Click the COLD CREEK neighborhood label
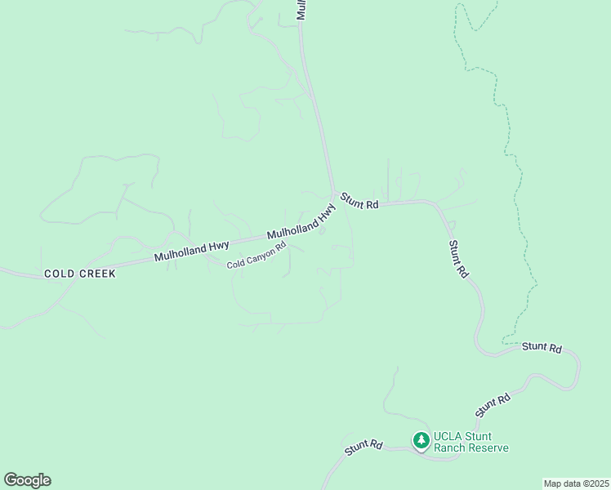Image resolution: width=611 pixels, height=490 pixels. click(79, 274)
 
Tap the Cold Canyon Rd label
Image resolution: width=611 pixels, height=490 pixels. click(256, 255)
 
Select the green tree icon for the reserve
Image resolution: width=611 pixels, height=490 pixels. click(421, 442)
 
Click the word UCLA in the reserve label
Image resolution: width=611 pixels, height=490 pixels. click(448, 436)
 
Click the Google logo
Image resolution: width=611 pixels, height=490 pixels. click(27, 480)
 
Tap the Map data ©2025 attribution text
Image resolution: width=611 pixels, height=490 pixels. click(576, 483)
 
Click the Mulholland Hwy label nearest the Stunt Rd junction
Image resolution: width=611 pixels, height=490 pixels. click(302, 222)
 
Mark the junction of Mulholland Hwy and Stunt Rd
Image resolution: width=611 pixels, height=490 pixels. click(334, 194)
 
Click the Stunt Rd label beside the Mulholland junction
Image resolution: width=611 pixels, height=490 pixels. click(359, 201)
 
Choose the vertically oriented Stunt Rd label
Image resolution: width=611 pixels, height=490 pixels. click(458, 258)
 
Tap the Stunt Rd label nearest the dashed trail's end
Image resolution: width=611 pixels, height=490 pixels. click(542, 347)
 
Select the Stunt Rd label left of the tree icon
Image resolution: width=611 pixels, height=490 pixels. click(363, 447)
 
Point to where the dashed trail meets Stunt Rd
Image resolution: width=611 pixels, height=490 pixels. click(504, 341)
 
